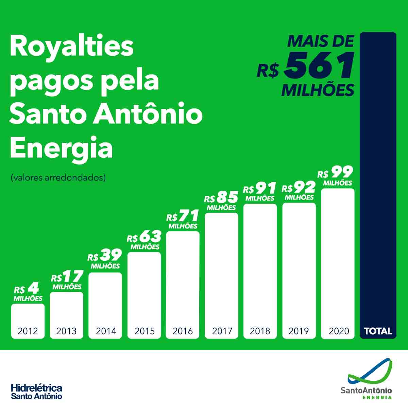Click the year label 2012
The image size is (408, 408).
(28, 331)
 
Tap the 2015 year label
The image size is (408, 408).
(144, 331)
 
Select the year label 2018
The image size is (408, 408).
(260, 331)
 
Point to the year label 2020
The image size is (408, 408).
(339, 331)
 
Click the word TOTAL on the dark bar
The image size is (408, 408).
(378, 331)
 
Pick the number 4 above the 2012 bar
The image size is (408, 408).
(33, 289)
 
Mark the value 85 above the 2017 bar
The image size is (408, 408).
(227, 197)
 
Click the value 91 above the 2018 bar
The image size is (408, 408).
(266, 188)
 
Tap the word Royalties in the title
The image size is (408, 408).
(72, 47)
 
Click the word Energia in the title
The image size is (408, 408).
(61, 148)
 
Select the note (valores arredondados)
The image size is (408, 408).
(58, 177)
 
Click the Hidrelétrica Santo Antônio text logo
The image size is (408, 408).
(36, 391)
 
